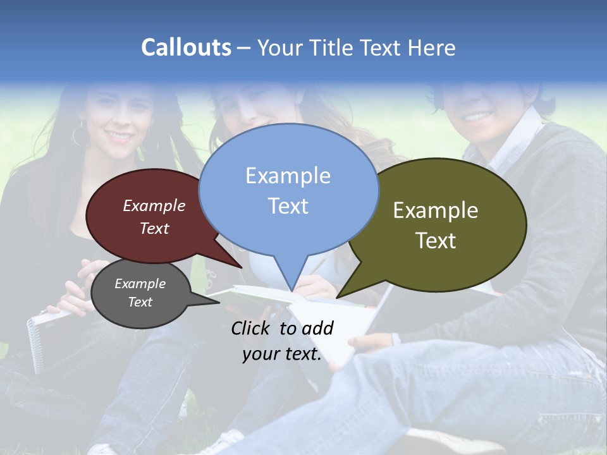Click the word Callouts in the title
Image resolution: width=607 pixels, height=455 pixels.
coord(186,48)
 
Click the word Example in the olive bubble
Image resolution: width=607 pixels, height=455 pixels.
coord(436,210)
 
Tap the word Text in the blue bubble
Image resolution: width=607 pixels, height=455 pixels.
coord(288,206)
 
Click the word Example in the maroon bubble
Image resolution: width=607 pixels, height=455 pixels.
coord(154,206)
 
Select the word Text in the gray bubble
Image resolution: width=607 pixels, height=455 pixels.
coord(140,302)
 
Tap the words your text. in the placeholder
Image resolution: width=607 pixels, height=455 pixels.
coord(282,354)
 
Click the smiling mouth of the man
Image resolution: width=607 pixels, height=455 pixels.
coord(479,117)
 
